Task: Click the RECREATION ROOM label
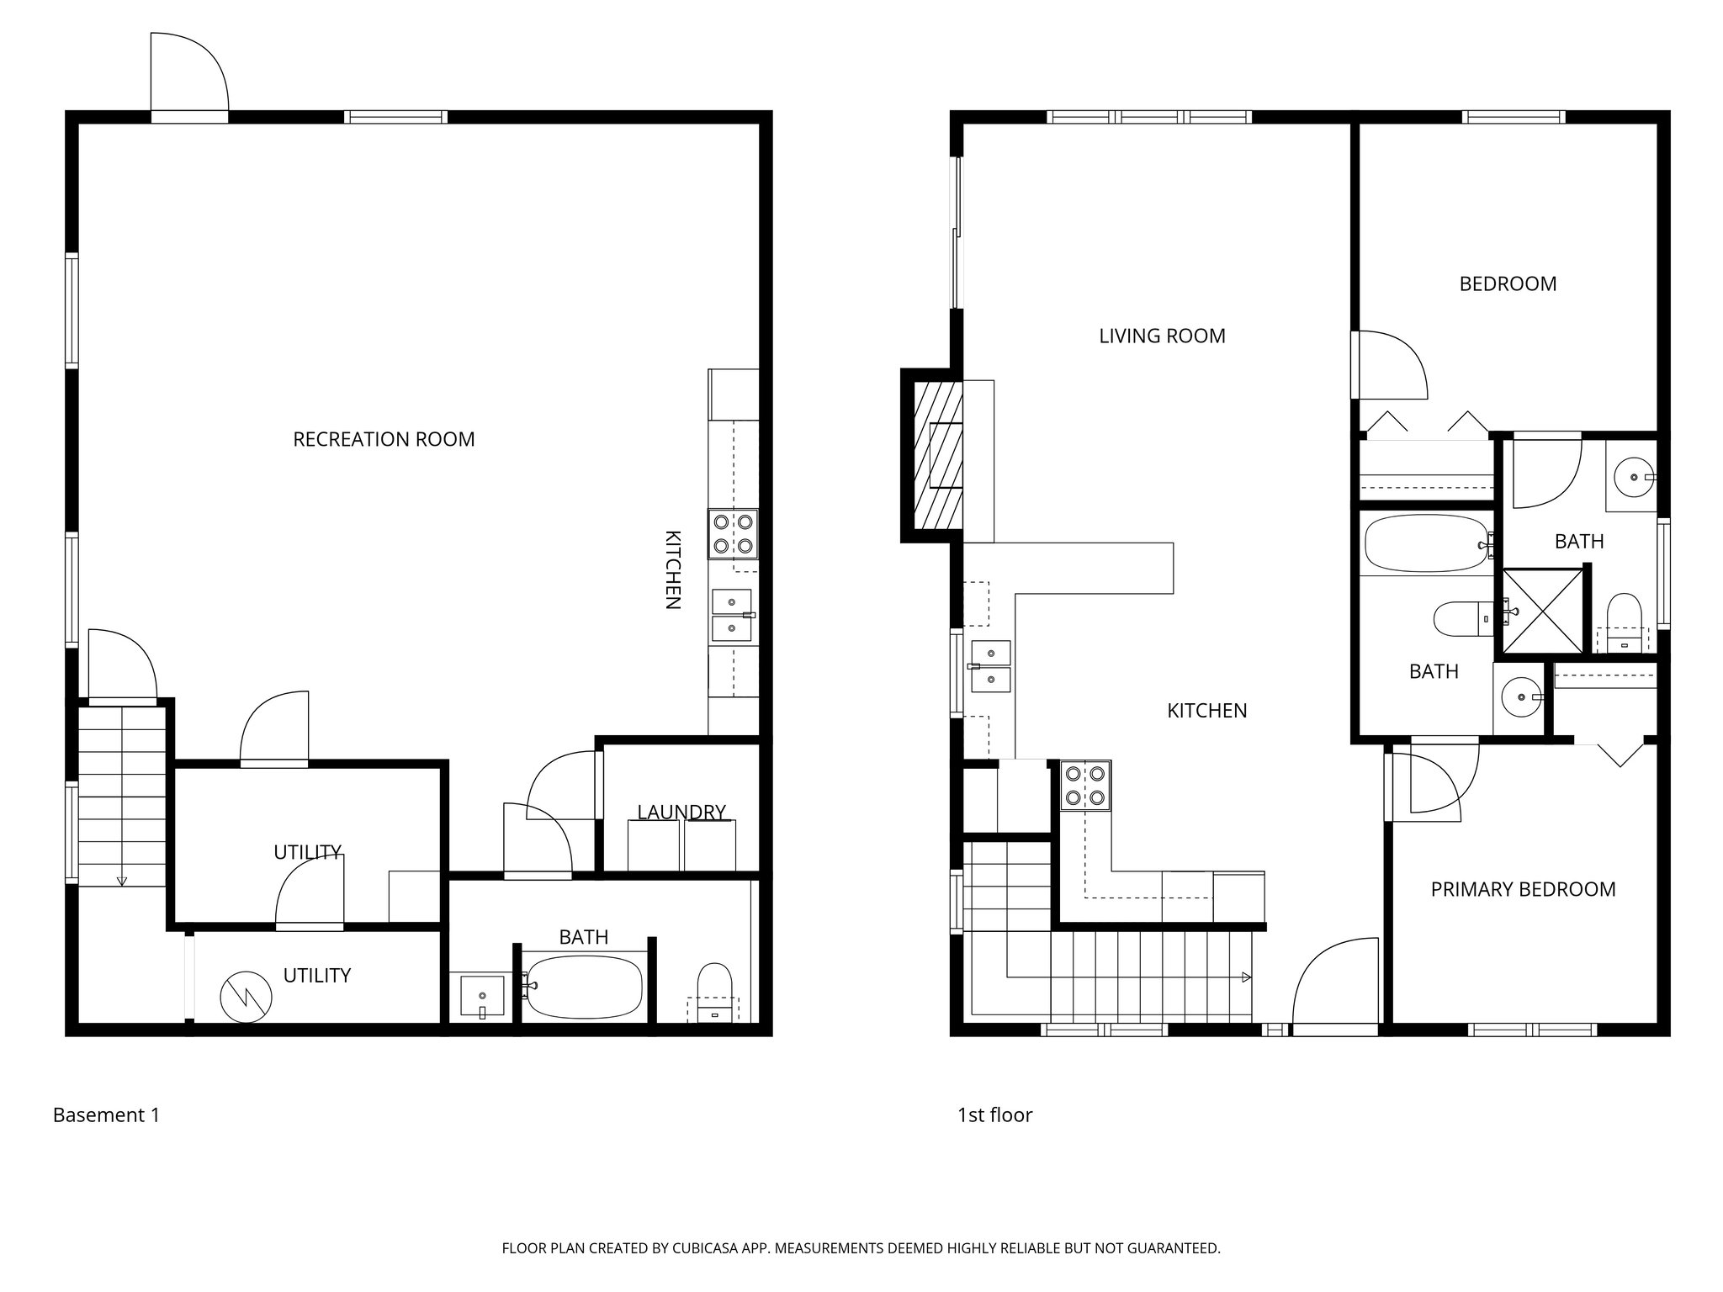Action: (x=384, y=439)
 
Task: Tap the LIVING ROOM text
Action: (x=1162, y=336)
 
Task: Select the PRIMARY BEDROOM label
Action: (x=1523, y=889)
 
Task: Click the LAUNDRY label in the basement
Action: (x=681, y=812)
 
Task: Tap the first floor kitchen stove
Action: (x=1085, y=786)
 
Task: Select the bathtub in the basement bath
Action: (x=583, y=987)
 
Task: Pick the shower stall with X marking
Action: (x=1542, y=611)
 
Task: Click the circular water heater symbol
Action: (x=246, y=998)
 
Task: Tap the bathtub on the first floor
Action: (x=1424, y=543)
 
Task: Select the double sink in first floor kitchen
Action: (x=991, y=666)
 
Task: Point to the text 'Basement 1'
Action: (x=106, y=1115)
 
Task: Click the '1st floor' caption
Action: (x=994, y=1115)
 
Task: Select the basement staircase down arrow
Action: (x=122, y=880)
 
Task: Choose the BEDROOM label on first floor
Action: (x=1508, y=284)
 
